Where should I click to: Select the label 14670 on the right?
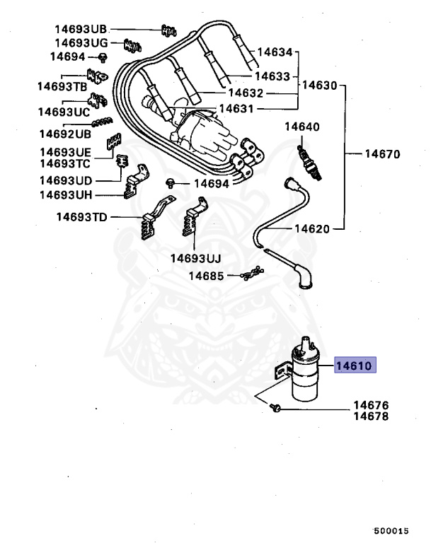click(x=383, y=153)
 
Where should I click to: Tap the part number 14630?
click(x=320, y=85)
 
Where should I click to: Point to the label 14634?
click(x=274, y=52)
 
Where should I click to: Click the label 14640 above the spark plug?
click(x=302, y=127)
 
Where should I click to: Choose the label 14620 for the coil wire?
click(x=312, y=229)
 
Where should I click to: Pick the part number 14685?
click(x=206, y=275)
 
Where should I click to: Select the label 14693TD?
click(x=81, y=217)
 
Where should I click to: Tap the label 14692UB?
click(x=65, y=134)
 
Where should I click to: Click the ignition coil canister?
click(x=310, y=375)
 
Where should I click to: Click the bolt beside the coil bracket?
click(x=275, y=407)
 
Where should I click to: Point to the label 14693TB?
click(x=62, y=86)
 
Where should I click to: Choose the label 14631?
click(x=236, y=109)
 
